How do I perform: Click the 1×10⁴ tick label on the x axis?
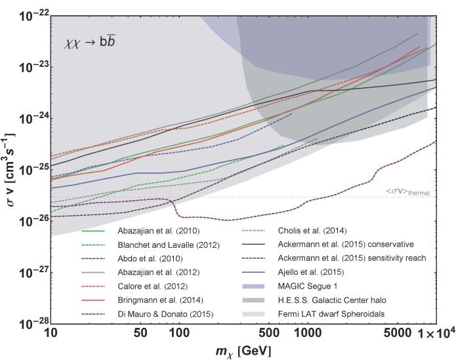(432, 333)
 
